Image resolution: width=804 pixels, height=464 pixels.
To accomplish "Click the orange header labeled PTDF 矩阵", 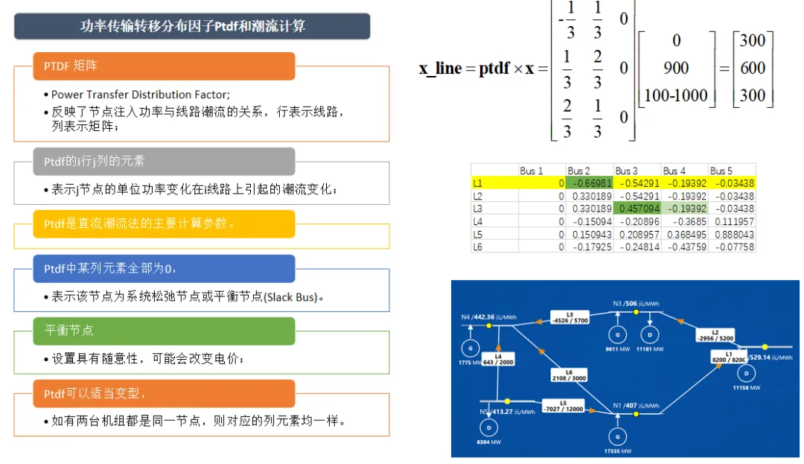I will point(164,66).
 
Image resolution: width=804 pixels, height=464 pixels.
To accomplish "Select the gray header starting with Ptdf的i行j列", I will point(164,162).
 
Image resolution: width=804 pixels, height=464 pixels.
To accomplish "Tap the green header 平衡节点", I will point(164,331).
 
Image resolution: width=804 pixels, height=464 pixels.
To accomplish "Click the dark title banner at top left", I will point(192,26).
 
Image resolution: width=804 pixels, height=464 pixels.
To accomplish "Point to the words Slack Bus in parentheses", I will point(291,298).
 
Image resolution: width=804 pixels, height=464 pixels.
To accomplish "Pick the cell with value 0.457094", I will point(636,209).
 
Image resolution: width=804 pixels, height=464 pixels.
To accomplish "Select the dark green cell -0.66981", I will point(589,182).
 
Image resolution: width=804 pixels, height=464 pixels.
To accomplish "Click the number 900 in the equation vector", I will point(676,68).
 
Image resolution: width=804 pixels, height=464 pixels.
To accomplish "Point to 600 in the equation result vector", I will point(753,68).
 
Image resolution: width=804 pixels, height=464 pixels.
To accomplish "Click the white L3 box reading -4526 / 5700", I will point(569,317).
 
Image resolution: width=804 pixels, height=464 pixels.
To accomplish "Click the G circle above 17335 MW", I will point(617,436).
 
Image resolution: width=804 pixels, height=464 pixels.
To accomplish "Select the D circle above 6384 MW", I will point(489,428).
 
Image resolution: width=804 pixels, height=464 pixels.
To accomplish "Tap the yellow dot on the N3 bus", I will point(636,312).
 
